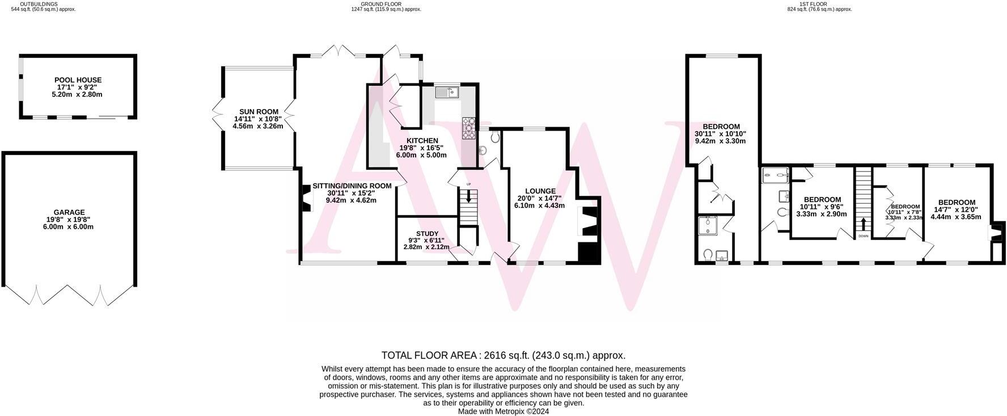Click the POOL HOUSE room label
[78, 80]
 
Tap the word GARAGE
[69, 212]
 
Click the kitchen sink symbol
[447, 92]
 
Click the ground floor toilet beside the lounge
[494, 137]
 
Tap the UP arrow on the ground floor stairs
[468, 196]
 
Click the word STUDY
[427, 233]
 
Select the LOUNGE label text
[540, 191]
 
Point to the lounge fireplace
[588, 221]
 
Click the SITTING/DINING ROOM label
[352, 186]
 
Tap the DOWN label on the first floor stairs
[863, 236]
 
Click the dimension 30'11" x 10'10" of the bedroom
[721, 134]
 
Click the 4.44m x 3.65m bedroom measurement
[956, 216]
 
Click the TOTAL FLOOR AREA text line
[503, 355]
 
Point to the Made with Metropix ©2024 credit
[503, 411]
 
